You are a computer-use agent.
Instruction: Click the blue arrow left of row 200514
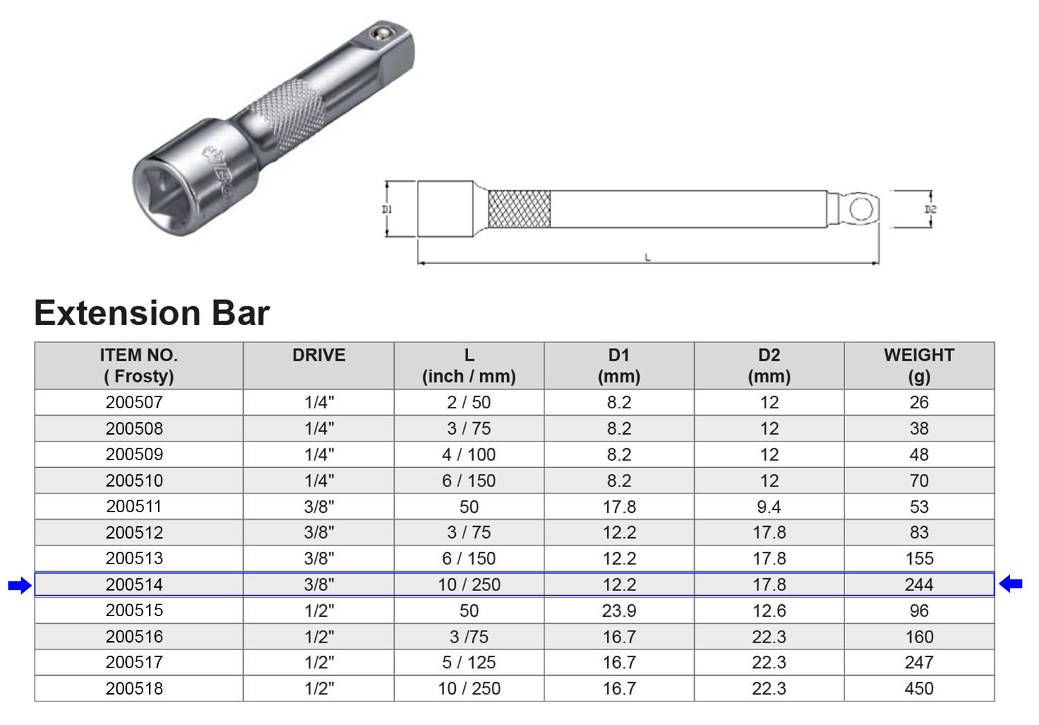[20, 585]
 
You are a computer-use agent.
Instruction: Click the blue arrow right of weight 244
[1011, 584]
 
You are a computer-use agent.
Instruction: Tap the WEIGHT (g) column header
[919, 366]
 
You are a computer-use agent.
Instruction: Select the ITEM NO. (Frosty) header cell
[139, 366]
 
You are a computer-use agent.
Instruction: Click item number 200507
[134, 402]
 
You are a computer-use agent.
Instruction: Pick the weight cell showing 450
[919, 688]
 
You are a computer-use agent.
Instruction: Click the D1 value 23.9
[619, 611]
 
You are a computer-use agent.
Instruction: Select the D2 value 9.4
[769, 507]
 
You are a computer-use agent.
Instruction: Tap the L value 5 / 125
[469, 663]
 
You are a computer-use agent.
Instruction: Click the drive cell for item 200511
[319, 507]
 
